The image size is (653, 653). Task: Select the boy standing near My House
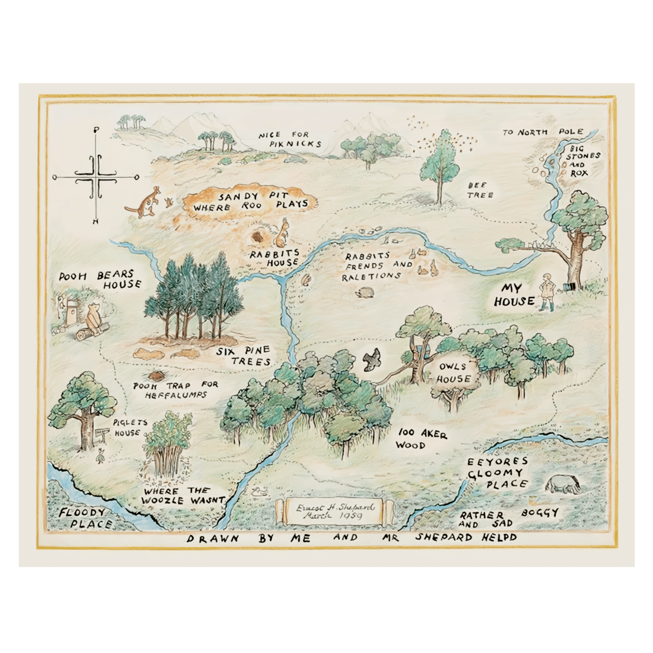[547, 292]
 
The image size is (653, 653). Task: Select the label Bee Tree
[480, 190]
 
